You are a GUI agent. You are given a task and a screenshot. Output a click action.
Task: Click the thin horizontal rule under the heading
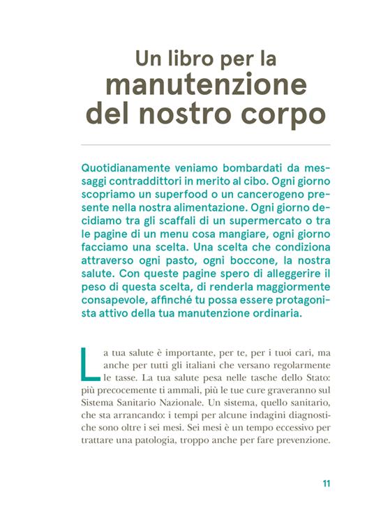point(206,144)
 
